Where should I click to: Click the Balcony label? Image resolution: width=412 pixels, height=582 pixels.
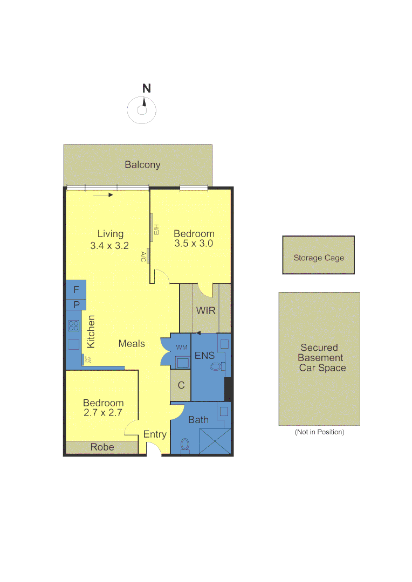[x=142, y=165]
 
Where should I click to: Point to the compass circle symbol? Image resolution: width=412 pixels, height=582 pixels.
[x=142, y=110]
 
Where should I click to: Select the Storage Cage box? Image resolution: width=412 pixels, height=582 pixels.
[x=318, y=255]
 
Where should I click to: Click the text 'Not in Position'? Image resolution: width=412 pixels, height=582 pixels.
[x=319, y=432]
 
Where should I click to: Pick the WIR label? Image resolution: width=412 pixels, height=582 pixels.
[x=205, y=311]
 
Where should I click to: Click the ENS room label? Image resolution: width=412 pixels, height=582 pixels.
[x=204, y=356]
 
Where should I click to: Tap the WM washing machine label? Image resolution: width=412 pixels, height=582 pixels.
[x=181, y=348]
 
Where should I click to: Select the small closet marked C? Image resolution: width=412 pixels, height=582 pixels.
[x=181, y=385]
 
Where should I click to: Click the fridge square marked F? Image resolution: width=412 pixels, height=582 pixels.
[x=76, y=290]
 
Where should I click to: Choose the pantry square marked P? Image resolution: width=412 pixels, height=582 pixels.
[x=76, y=305]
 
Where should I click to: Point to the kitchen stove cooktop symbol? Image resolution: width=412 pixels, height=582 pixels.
[x=74, y=325]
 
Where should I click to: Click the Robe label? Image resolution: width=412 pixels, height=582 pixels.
[x=102, y=447]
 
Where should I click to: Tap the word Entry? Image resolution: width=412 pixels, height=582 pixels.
[x=155, y=434]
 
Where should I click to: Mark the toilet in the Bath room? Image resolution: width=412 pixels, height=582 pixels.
[x=185, y=444]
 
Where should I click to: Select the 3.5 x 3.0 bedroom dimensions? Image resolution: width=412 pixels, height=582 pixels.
[x=194, y=244]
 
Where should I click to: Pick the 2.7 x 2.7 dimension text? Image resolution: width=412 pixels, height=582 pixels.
[x=103, y=413]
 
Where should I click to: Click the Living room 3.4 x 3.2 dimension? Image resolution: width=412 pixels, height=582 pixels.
[x=110, y=245]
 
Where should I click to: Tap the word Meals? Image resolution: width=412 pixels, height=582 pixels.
[x=132, y=343]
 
